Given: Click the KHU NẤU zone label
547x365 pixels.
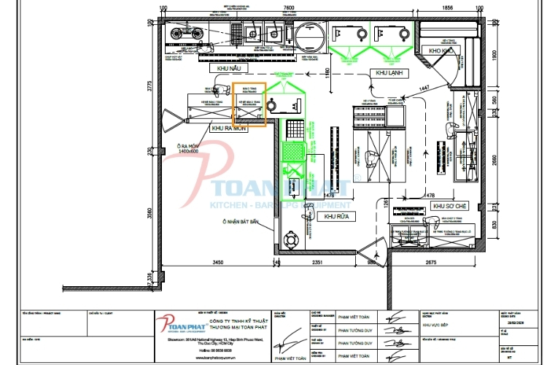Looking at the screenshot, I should tap(229, 68).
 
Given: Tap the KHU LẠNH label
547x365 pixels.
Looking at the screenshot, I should tap(390, 73).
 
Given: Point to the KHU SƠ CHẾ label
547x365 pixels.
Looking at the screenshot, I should tap(449, 207).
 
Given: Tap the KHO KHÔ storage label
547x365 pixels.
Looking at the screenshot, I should tap(442, 51).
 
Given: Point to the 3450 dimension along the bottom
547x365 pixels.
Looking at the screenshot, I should tap(212, 261).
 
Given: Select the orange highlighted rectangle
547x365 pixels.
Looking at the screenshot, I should tap(249, 104).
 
